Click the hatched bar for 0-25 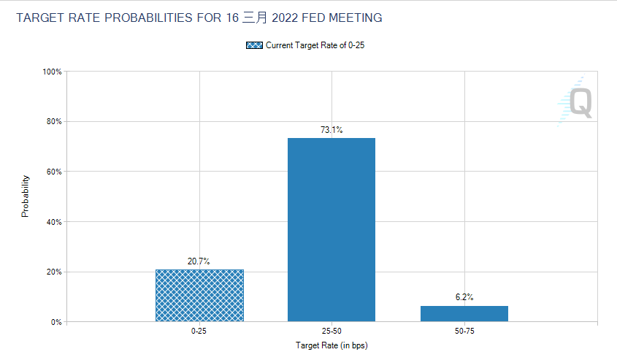tap(199, 296)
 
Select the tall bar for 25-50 tap(332, 229)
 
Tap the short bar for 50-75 tap(464, 313)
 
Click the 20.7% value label tap(199, 261)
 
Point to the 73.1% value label tap(332, 130)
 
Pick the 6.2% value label tap(464, 297)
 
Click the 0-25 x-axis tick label tap(199, 332)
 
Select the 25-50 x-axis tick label tap(332, 332)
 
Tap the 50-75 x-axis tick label tap(464, 332)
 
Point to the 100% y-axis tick tap(52, 72)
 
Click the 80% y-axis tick tap(54, 121)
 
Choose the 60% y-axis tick tap(54, 172)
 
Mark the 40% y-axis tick tap(54, 221)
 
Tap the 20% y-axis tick tap(54, 272)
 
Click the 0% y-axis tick tap(56, 322)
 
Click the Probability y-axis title tap(26, 196)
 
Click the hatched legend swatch tap(254, 45)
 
